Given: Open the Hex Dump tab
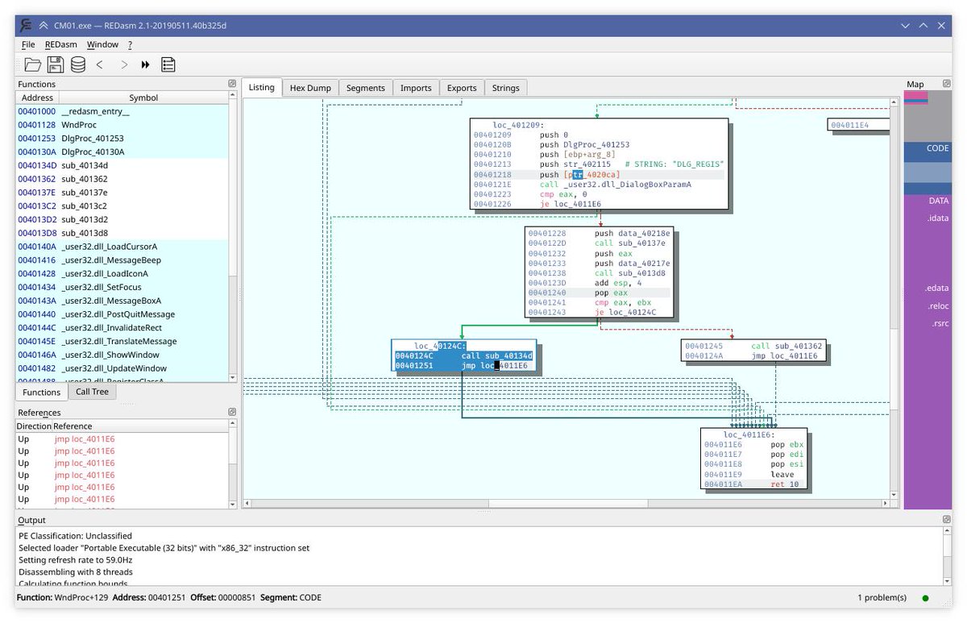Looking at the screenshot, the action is coord(310,88).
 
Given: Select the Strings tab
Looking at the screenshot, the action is coord(505,88).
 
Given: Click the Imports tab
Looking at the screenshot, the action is coord(416,88).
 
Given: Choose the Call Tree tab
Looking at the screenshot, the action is coord(92,392).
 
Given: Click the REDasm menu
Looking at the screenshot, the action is coord(61,44).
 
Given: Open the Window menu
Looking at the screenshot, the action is coord(102,44).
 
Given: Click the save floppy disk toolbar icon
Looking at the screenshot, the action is coord(55,64).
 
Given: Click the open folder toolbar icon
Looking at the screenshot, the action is coord(32,64).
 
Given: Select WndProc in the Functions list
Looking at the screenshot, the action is coord(79,125).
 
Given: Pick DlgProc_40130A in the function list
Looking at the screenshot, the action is coord(93,152).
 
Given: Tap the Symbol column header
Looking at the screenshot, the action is coord(143,98).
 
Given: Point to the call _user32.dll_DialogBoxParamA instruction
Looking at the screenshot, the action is coord(616,185).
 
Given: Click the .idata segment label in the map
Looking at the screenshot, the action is coord(937,218).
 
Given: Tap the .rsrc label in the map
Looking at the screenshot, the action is coord(938,323).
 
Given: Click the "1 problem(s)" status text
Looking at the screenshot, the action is coord(882,597).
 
